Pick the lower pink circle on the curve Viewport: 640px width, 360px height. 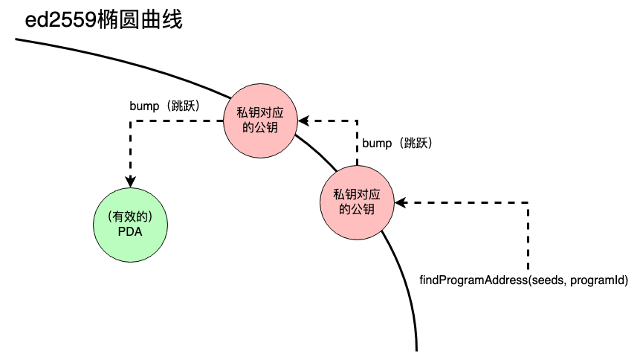[x=356, y=202]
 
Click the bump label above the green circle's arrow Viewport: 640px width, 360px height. [x=164, y=106]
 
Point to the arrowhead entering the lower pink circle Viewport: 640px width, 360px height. [x=400, y=202]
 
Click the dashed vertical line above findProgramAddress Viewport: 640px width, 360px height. [x=529, y=238]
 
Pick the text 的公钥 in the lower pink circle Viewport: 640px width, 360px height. [x=356, y=209]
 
